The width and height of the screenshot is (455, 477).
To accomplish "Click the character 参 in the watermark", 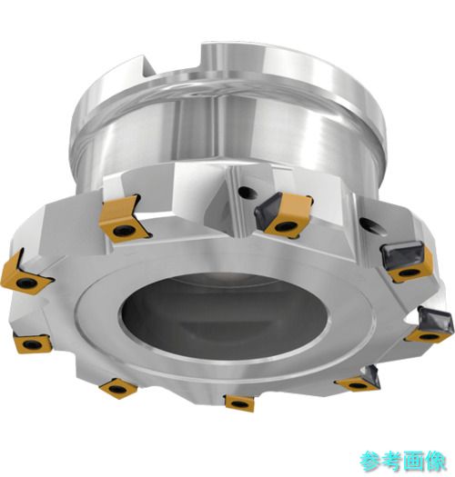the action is tap(370, 462).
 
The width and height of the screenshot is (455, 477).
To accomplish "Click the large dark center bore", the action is tap(224, 316).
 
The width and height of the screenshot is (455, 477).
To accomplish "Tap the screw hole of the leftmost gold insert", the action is tap(23, 283).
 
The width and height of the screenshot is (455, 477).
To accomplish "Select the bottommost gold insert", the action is tap(239, 403).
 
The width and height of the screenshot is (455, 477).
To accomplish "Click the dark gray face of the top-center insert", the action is tap(268, 207).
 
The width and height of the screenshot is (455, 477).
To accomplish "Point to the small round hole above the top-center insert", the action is tap(246, 193).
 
